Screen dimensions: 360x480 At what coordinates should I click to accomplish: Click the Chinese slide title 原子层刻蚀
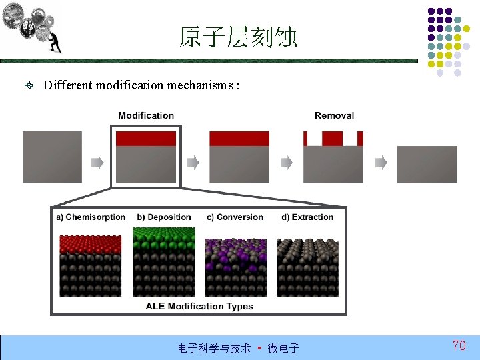point(238,37)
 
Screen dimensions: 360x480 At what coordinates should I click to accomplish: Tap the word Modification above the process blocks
point(146,115)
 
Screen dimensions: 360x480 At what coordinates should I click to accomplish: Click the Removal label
point(334,115)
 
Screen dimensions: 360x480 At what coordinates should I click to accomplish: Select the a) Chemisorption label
point(91,217)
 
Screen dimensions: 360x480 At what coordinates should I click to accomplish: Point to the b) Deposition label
point(164,217)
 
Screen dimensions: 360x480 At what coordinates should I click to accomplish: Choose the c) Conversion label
point(235,217)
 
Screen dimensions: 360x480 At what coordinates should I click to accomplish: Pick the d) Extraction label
point(307,217)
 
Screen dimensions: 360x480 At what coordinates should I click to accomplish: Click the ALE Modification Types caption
point(199,306)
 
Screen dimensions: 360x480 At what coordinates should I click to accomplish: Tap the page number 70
point(459,345)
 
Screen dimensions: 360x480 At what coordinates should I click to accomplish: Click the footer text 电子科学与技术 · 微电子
point(238,348)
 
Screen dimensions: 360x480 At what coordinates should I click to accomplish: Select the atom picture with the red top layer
point(91,265)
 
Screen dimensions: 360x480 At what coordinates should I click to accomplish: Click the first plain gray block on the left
point(53,157)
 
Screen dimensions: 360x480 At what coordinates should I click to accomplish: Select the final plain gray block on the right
point(427,164)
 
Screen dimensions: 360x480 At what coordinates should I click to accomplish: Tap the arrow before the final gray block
point(381,162)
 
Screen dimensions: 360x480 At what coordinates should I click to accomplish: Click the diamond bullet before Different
point(29,85)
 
